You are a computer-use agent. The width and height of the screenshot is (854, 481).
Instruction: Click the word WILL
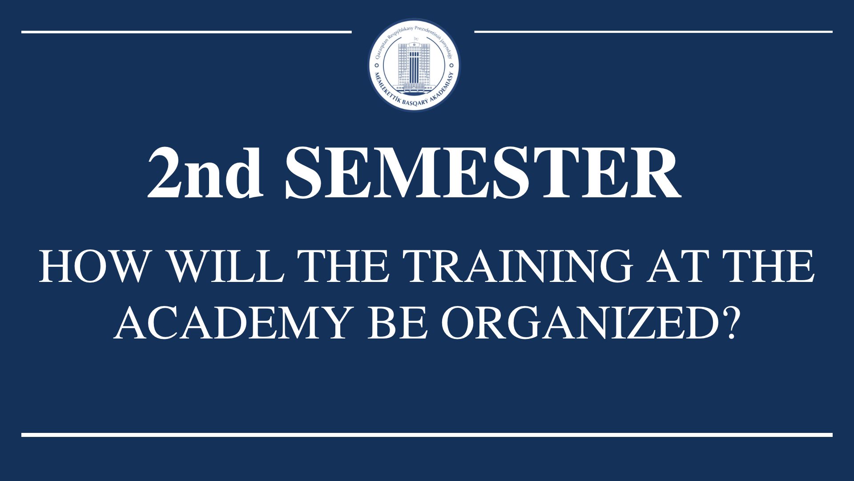click(226, 266)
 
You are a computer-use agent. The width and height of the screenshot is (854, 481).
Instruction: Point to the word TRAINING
click(518, 266)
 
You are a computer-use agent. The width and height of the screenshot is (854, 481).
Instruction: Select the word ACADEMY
click(234, 323)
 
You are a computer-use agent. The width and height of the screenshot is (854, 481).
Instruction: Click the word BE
click(397, 323)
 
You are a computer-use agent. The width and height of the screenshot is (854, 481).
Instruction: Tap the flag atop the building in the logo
click(416, 39)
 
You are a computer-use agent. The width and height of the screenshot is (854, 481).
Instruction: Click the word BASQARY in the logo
click(415, 102)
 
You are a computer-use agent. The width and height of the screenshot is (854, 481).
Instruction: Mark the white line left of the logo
click(186, 32)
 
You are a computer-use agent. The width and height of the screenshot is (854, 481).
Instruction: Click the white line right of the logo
click(653, 32)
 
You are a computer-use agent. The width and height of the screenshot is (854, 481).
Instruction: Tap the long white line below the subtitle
click(427, 435)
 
